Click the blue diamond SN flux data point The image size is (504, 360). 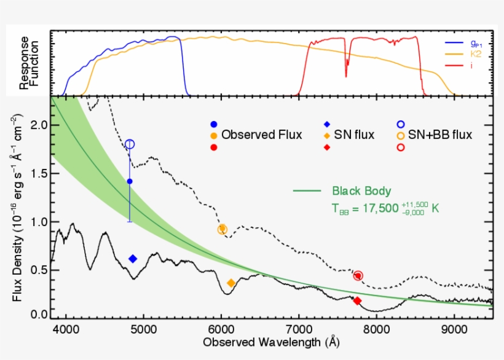tap(132, 259)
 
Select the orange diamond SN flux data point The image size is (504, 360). tap(231, 283)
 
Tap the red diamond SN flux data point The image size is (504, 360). tap(357, 300)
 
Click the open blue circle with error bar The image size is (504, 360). tap(130, 144)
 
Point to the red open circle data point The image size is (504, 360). tap(358, 276)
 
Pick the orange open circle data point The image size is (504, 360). tap(222, 229)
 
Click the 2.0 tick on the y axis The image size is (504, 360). tap(38, 125)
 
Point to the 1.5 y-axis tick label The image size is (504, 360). tap(38, 173)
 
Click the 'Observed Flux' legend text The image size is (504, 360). tap(262, 135)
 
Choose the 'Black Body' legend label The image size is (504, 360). tap(361, 190)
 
